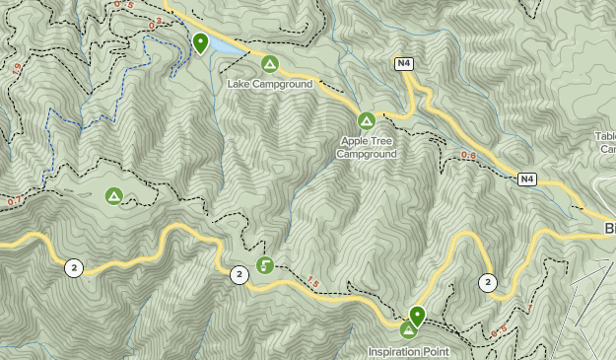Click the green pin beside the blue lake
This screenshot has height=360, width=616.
(x=200, y=42)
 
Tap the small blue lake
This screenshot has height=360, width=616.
(x=224, y=46)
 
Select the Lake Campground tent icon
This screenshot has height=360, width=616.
(x=269, y=64)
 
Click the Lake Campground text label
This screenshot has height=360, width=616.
(x=269, y=85)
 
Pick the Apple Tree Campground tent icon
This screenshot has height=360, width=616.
(x=366, y=120)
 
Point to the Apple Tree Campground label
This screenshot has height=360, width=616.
(x=367, y=148)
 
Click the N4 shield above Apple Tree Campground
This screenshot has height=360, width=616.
(x=403, y=64)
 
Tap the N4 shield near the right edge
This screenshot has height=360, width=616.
(x=528, y=179)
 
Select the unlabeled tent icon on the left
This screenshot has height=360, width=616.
(x=114, y=196)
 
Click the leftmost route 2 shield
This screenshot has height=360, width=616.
(x=74, y=266)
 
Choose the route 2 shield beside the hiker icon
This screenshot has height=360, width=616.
(x=239, y=274)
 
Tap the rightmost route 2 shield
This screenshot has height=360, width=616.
(x=488, y=283)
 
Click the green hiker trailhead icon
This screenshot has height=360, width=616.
(x=264, y=264)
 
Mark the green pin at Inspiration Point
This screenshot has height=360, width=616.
(x=417, y=316)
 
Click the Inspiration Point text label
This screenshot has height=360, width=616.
(x=409, y=351)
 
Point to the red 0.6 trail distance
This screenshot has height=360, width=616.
(x=469, y=156)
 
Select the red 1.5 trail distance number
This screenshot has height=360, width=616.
(x=313, y=283)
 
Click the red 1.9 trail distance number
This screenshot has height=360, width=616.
(x=15, y=68)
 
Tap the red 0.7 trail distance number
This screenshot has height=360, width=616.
(x=14, y=201)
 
